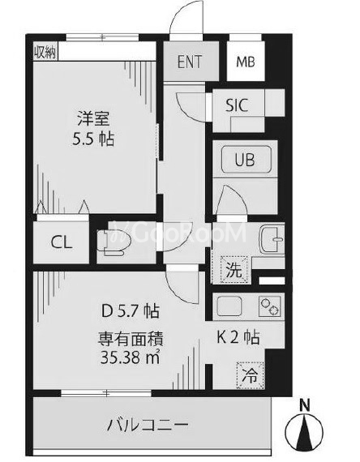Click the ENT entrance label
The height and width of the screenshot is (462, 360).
tap(190, 62)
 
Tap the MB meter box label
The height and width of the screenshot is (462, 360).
tap(246, 62)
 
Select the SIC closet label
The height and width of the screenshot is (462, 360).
tap(237, 105)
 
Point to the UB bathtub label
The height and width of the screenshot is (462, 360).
tap(245, 160)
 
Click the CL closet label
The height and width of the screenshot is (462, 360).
tap(61, 242)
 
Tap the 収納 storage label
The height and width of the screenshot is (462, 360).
tap(45, 53)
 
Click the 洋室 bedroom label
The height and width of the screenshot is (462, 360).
tap(93, 118)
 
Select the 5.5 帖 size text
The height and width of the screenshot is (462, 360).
tap(93, 139)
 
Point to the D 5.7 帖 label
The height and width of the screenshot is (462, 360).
tap(130, 311)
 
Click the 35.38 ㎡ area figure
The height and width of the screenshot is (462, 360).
tap(130, 358)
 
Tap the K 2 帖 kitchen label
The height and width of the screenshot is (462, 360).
tap(238, 337)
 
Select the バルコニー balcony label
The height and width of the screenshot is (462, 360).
tap(147, 426)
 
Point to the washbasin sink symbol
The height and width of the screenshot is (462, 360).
tap(272, 238)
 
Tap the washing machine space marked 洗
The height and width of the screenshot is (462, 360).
tap(234, 270)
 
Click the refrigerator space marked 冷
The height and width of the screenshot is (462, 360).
tap(250, 375)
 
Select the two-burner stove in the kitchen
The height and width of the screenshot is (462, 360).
tap(269, 306)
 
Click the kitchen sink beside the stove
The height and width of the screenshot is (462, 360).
tap(229, 306)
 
